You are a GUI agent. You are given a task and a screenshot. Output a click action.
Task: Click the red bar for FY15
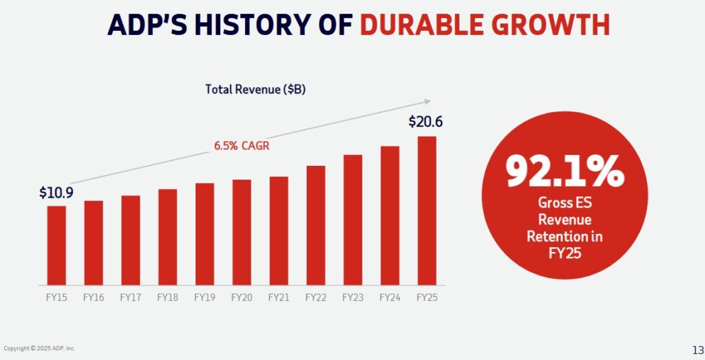click(x=56, y=245)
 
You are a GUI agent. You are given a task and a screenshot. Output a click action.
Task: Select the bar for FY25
click(x=427, y=211)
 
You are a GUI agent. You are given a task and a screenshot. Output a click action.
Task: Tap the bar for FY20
click(x=242, y=232)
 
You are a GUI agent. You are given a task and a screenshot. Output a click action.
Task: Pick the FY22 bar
click(x=315, y=225)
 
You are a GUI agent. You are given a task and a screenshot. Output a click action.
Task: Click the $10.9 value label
click(x=56, y=192)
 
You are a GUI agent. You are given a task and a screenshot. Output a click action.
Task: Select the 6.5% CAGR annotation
click(x=241, y=146)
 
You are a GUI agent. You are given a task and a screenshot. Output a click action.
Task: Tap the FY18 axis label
click(x=167, y=297)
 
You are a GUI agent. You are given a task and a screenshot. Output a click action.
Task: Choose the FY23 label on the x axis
click(x=352, y=297)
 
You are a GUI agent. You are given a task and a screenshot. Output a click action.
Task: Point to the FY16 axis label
click(x=94, y=297)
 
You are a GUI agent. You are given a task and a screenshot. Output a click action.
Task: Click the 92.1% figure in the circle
click(x=565, y=172)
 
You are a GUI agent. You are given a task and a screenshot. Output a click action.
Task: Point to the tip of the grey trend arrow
click(x=430, y=100)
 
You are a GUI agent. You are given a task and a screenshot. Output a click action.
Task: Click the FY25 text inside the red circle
click(x=565, y=252)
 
